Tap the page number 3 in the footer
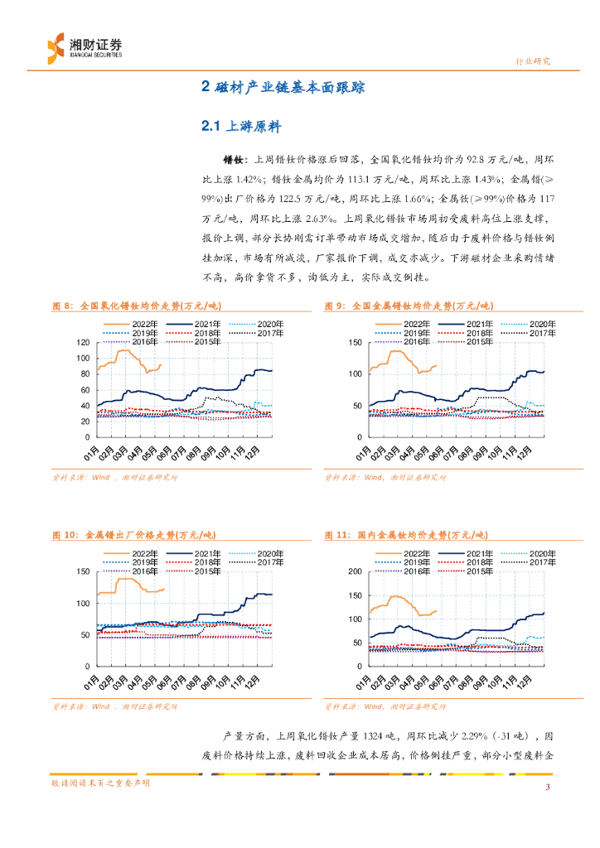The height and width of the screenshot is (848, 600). [x=547, y=787]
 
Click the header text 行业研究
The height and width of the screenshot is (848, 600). [x=533, y=61]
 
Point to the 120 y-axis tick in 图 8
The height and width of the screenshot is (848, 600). [x=82, y=343]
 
